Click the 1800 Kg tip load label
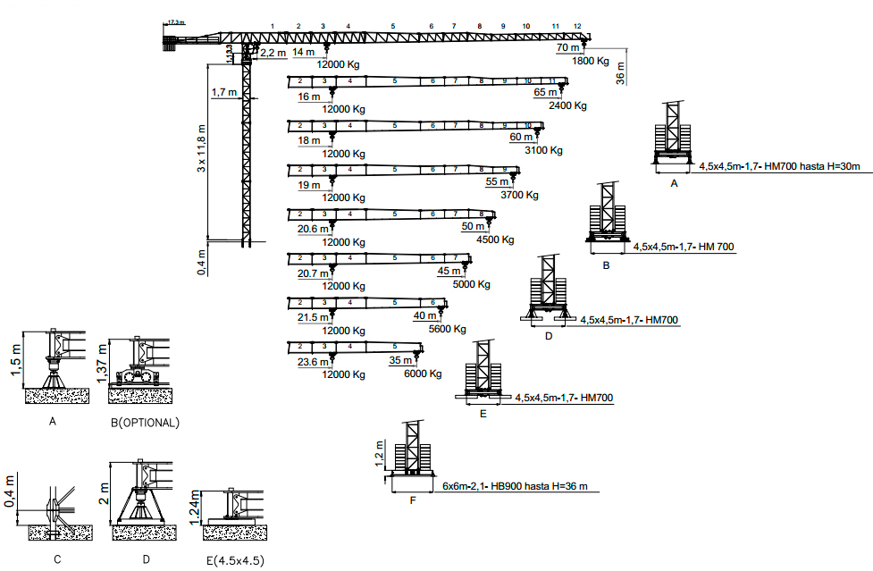pyautogui.click(x=590, y=62)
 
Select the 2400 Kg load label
pyautogui.click(x=568, y=105)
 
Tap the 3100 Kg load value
pyautogui.click(x=544, y=150)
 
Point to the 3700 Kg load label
pyautogui.click(x=520, y=195)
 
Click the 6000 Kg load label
pyautogui.click(x=424, y=374)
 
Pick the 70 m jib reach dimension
pyautogui.click(x=567, y=47)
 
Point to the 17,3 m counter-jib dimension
pyautogui.click(x=175, y=21)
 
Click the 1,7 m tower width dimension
pyautogui.click(x=224, y=92)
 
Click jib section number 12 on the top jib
pyautogui.click(x=578, y=27)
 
